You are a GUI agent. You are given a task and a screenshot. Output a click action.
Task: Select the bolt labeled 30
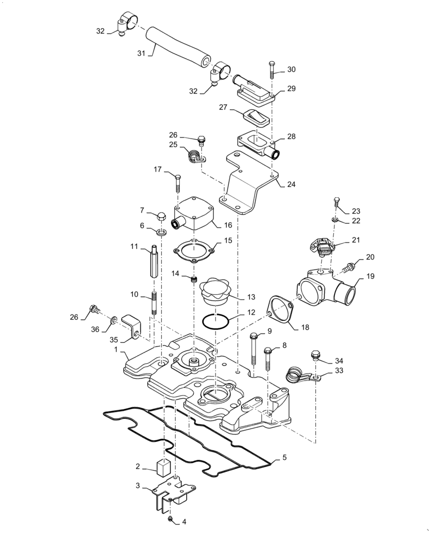click(272, 69)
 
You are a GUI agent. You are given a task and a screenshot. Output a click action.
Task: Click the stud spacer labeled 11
click(154, 261)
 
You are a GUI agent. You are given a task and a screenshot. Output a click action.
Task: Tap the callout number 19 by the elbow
click(371, 277)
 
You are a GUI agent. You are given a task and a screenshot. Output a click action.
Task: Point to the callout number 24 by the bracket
click(291, 185)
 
